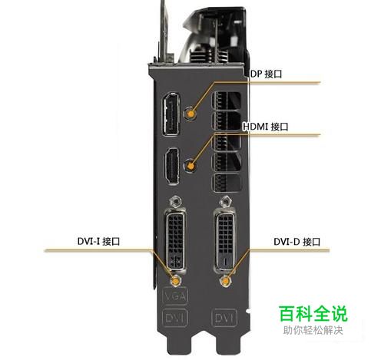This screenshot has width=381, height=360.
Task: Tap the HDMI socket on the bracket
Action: tap(171, 166)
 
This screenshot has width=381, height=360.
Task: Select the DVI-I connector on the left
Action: tap(175, 239)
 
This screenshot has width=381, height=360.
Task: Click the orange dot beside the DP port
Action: tap(190, 114)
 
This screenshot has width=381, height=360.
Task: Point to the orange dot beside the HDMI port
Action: tap(190, 167)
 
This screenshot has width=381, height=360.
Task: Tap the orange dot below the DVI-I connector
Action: tap(176, 281)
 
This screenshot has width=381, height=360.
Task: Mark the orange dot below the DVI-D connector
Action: tap(225, 281)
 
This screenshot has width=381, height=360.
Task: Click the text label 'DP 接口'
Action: tap(266, 74)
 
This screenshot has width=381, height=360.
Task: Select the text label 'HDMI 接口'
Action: tap(266, 127)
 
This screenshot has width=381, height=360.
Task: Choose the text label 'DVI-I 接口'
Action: tap(98, 241)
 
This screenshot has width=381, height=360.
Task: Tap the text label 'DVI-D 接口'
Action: tap(297, 242)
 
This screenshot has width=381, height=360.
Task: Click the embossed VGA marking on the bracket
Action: tap(175, 296)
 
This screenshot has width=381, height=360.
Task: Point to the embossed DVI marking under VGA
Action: tap(175, 318)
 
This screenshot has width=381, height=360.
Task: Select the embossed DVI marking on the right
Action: tap(224, 318)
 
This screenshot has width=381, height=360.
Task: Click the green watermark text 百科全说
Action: tap(313, 313)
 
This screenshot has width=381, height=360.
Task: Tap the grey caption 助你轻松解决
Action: tap(313, 330)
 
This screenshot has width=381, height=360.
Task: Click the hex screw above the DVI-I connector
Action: tap(176, 202)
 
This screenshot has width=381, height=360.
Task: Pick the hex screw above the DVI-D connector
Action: tap(226, 202)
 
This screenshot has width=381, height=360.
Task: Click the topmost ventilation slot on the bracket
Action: tap(226, 101)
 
